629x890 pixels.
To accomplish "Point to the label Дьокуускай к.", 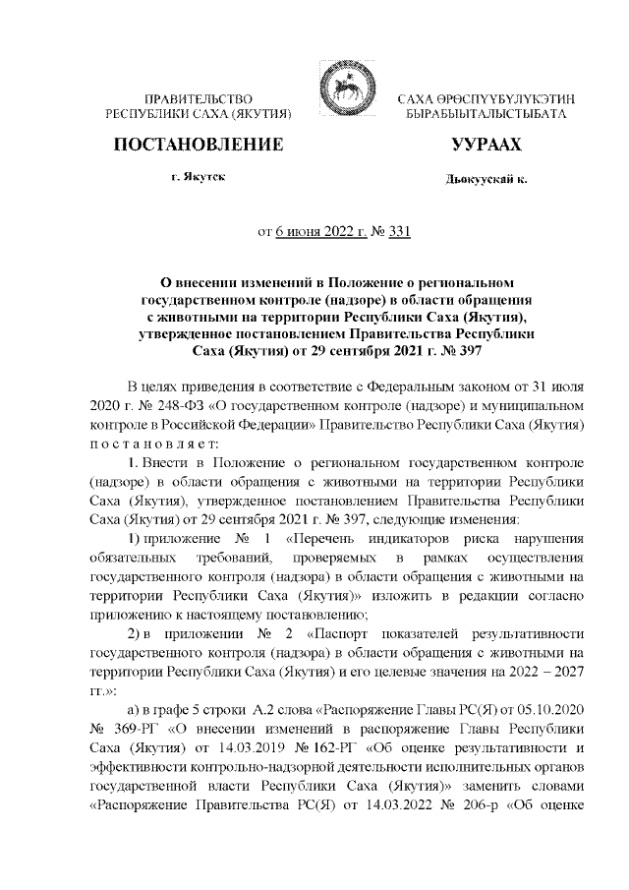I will (486, 181).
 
